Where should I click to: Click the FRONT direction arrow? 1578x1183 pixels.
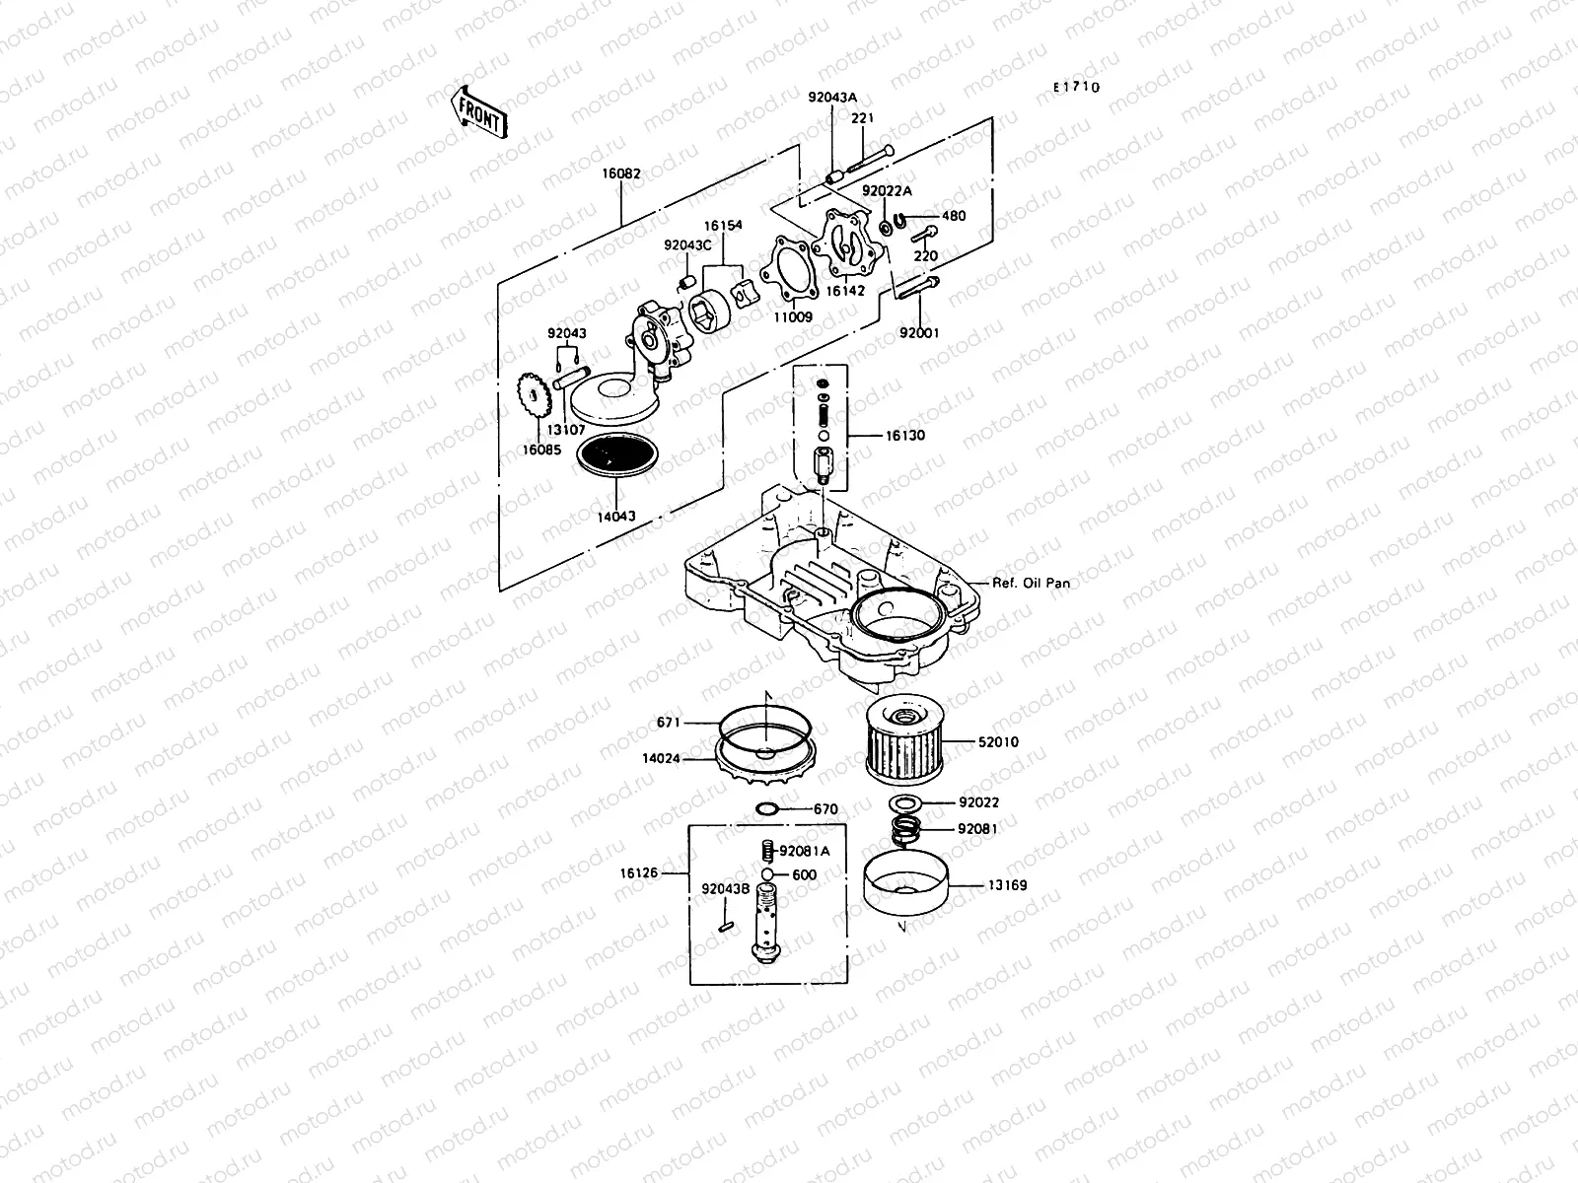[479, 110]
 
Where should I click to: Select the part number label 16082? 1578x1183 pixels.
[621, 174]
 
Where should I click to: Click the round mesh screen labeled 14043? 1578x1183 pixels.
[615, 456]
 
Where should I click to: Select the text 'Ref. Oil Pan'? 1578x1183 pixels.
[1031, 583]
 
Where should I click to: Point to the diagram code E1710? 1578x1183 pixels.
[1075, 87]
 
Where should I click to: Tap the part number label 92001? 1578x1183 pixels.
[918, 333]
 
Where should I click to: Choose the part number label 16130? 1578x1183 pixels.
[904, 435]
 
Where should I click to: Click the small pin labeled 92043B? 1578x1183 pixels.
[725, 925]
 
